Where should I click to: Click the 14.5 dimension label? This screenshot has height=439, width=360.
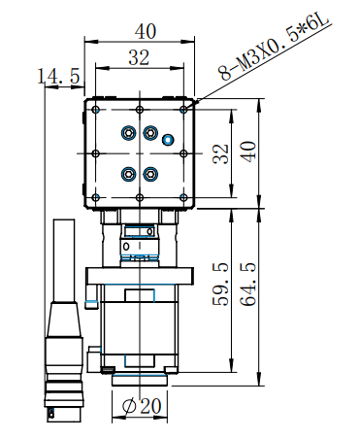click(x=58, y=76)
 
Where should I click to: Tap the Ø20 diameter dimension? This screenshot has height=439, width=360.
click(x=142, y=406)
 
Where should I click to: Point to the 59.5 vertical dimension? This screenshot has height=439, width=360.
click(x=220, y=285)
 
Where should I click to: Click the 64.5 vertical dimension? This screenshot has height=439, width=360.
click(x=248, y=285)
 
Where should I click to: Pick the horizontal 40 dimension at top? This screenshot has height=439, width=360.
click(x=146, y=31)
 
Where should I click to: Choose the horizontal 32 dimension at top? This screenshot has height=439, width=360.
click(x=139, y=57)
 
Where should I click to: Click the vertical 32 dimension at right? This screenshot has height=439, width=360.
click(x=221, y=153)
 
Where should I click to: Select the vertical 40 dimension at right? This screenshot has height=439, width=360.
click(x=248, y=151)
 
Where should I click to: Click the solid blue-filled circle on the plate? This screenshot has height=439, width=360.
click(x=168, y=140)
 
